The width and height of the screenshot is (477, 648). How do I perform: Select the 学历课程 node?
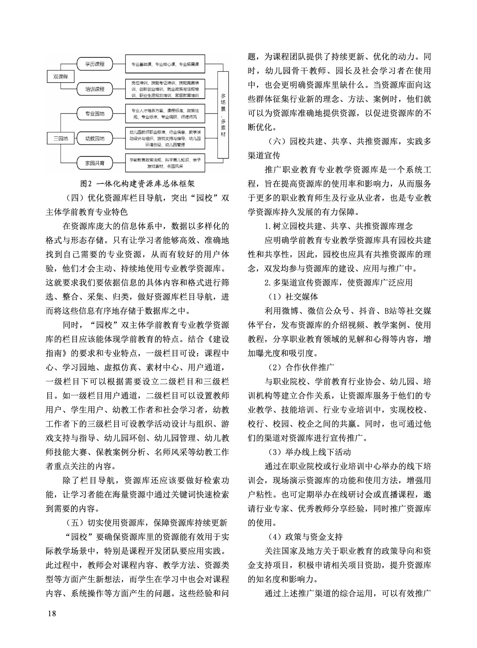pyautogui.click(x=95, y=64)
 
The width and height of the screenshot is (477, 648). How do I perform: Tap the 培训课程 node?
pyautogui.click(x=95, y=89)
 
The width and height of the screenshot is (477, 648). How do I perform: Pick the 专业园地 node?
pyautogui.click(x=95, y=114)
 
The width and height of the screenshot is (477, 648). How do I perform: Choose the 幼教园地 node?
pyautogui.click(x=95, y=139)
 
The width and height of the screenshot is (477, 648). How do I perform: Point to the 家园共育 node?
pyautogui.click(x=95, y=163)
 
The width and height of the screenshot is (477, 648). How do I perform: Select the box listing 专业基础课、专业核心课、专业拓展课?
pyautogui.click(x=165, y=64)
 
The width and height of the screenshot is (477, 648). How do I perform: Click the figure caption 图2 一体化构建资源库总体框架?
pyautogui.click(x=137, y=184)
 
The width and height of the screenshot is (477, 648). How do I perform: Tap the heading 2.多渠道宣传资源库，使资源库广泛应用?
pyautogui.click(x=338, y=282)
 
